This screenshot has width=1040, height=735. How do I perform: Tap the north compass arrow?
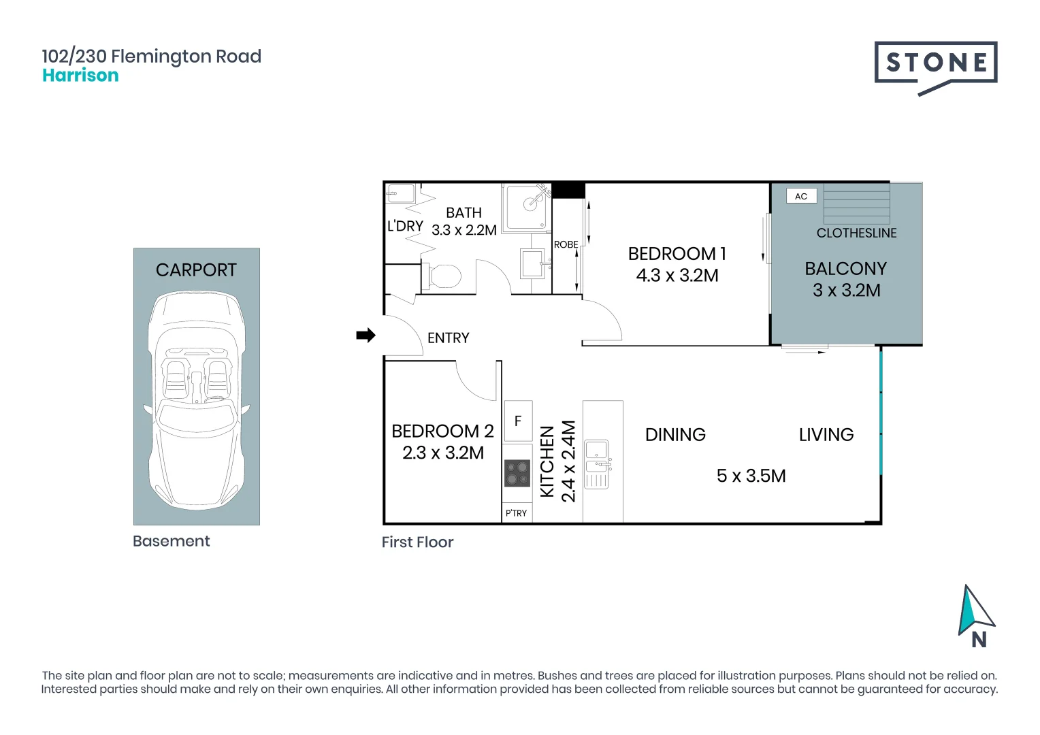[975, 610]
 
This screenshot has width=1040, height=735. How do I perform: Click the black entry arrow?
[366, 336]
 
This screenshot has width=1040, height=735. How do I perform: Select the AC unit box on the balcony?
[801, 196]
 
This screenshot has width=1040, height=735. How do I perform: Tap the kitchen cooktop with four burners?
[517, 473]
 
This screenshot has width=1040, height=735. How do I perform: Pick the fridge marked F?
[518, 421]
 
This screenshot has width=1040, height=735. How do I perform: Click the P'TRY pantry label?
[517, 513]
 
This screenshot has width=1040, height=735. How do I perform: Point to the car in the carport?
[197, 400]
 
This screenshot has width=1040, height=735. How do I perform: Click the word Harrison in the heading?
[80, 76]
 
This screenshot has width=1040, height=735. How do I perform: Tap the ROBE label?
[566, 244]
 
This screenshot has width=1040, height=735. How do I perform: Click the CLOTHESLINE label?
[857, 233]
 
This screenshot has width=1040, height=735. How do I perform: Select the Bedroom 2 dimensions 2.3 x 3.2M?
[443, 453]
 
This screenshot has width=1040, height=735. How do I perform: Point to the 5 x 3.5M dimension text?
[751, 476]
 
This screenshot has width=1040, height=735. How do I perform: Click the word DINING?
[676, 435]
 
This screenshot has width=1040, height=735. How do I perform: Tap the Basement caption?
[172, 541]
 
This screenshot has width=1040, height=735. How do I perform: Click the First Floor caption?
[417, 542]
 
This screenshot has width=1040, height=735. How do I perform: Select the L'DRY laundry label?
[406, 226]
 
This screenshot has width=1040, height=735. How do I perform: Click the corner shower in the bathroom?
[527, 207]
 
